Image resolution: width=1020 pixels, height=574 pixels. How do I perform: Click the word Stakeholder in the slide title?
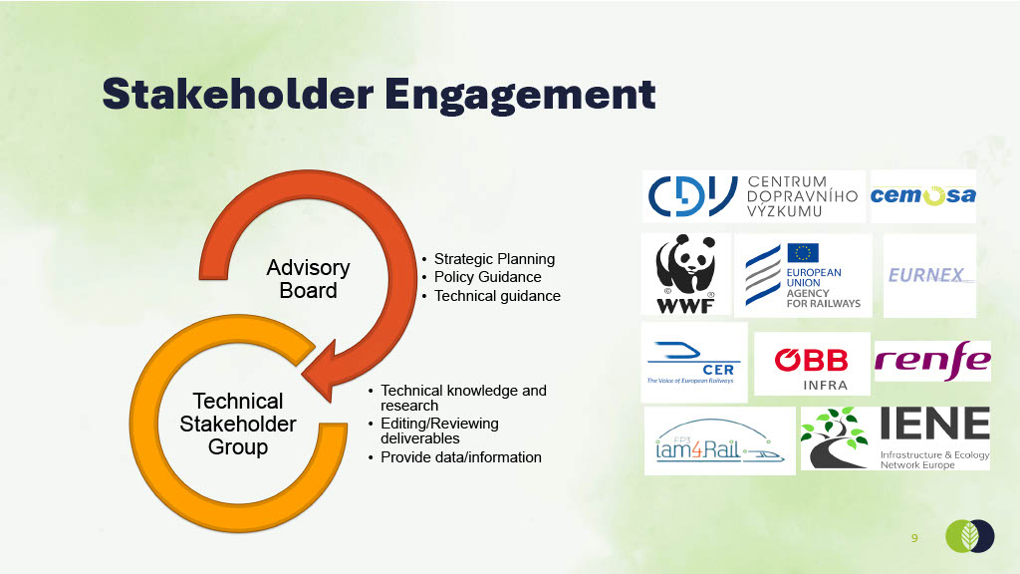[x=237, y=95]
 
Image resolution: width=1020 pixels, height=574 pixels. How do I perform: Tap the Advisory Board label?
[x=308, y=279]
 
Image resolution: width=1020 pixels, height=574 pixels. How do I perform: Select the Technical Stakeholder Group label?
[x=238, y=424]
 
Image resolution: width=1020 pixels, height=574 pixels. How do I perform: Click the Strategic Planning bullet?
[x=494, y=259]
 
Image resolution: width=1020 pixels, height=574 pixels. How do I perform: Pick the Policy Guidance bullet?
[x=488, y=277]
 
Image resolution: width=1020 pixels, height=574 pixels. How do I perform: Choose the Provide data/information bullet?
[x=460, y=457]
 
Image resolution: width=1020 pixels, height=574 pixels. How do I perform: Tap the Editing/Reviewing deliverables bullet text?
[x=439, y=430]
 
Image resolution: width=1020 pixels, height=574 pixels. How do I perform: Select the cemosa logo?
[x=923, y=196]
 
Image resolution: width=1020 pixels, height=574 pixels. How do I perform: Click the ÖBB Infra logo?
[x=812, y=364]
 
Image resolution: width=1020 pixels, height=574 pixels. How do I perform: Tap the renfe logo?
[x=932, y=361]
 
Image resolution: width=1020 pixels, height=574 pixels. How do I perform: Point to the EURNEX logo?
[x=929, y=276]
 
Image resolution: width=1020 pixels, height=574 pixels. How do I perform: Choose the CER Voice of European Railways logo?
[x=694, y=363]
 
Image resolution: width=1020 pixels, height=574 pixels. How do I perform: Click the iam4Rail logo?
[x=720, y=441]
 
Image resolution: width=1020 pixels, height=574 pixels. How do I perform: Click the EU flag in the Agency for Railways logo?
[x=803, y=253]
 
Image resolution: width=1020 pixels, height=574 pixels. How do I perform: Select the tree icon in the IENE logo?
[x=835, y=437]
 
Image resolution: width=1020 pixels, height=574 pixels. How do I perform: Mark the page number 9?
[x=914, y=538]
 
